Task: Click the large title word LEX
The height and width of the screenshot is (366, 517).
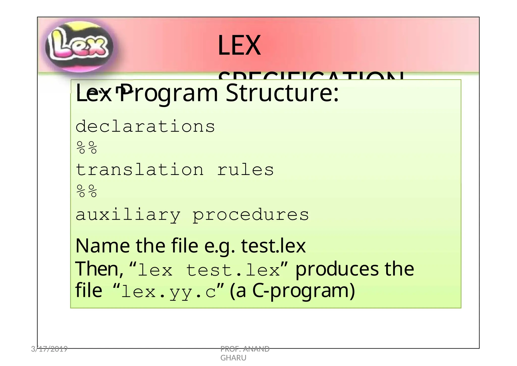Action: tap(239, 46)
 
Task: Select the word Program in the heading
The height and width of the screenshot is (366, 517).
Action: tap(168, 93)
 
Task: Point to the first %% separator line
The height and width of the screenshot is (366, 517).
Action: tap(87, 148)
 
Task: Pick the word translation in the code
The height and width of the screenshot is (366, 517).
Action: tap(140, 170)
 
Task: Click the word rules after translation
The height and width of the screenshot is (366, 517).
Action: tap(245, 170)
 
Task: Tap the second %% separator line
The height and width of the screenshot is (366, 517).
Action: tap(87, 191)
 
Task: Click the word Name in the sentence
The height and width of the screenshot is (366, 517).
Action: tap(102, 246)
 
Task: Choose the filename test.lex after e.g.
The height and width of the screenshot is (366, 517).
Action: tap(273, 246)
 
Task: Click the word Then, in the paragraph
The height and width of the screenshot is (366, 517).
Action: tap(99, 269)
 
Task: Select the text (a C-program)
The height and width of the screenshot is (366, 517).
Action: tap(292, 291)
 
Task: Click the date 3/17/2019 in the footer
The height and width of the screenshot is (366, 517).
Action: tap(49, 349)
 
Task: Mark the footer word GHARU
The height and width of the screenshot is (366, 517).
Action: tap(233, 358)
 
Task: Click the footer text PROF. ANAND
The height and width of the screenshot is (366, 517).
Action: tap(245, 349)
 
